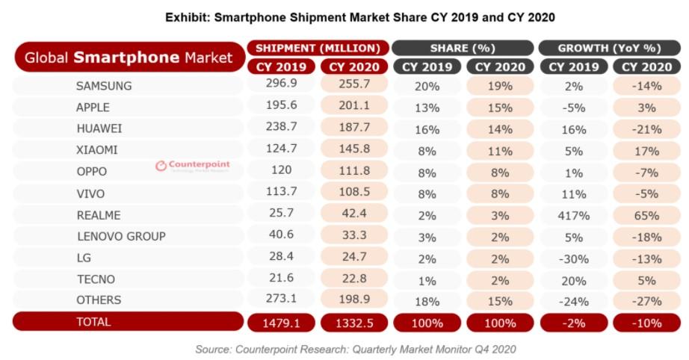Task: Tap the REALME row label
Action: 99,214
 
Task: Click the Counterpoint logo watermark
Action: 193,166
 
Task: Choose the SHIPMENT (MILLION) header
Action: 318,48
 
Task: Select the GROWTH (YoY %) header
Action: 609,48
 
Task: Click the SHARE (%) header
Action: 463,48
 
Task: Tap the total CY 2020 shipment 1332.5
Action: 354,323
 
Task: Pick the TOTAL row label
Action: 93,322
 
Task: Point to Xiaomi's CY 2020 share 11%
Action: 501,151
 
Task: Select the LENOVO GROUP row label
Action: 120,236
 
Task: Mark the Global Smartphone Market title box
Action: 129,58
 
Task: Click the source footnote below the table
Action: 355,349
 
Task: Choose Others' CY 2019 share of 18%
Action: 427,302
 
